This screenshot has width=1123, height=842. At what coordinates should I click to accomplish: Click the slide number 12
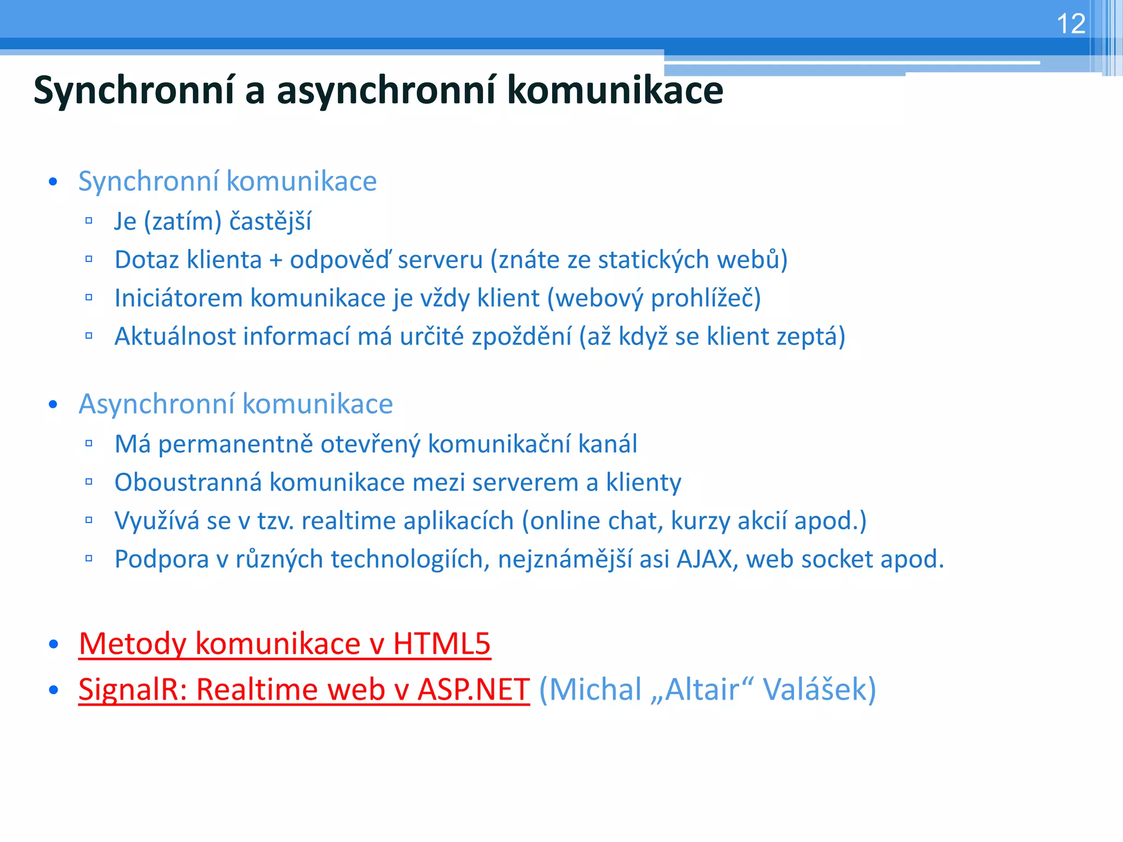[x=1070, y=24]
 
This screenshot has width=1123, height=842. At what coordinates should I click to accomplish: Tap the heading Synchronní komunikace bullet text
[x=228, y=181]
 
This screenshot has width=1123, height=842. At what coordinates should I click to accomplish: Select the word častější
[x=270, y=222]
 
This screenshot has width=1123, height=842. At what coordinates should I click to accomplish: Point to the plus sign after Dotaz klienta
[x=275, y=260]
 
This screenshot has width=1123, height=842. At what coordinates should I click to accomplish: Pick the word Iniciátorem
[x=178, y=298]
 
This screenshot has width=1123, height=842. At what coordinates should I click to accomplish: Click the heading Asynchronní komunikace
[x=236, y=404]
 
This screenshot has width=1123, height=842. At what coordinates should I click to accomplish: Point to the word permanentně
[x=235, y=445]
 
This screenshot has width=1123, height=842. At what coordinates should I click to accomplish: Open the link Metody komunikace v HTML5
[x=285, y=644]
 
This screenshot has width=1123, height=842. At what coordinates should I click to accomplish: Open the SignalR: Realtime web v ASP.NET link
[x=304, y=690]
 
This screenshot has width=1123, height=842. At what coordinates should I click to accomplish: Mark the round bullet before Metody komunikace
[x=53, y=644]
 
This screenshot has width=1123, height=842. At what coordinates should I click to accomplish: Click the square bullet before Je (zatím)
[x=89, y=221]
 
